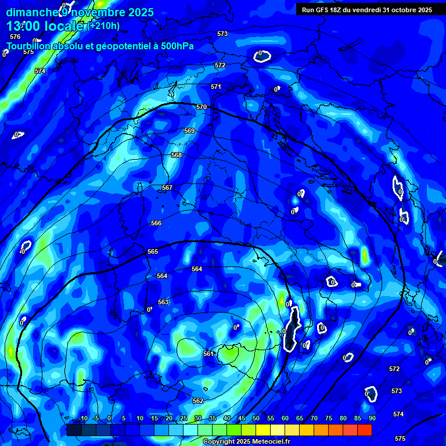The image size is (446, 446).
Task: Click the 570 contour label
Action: [x=202, y=107]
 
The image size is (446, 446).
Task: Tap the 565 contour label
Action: [x=153, y=251]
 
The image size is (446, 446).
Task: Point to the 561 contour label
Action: [x=208, y=354]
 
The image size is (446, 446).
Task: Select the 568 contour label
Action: [x=177, y=155]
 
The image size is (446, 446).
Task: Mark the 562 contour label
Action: [x=198, y=401]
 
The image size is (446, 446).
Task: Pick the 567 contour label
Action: [x=167, y=188]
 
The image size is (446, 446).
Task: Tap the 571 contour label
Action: [x=216, y=87]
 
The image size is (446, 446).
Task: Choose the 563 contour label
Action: [x=163, y=302]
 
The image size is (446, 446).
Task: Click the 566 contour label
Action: [x=156, y=223]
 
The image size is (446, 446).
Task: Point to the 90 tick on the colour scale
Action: [x=372, y=418]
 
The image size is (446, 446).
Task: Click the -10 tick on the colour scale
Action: [x=82, y=418]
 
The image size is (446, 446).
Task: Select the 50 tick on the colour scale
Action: [x=256, y=418]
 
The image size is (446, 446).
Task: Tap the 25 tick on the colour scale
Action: [x=184, y=418]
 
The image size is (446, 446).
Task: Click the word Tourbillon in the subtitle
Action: [x=29, y=46]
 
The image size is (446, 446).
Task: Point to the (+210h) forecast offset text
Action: [x=104, y=26]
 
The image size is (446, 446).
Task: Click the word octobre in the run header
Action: [x=400, y=10]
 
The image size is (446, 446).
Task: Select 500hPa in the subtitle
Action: [x=174, y=46]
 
